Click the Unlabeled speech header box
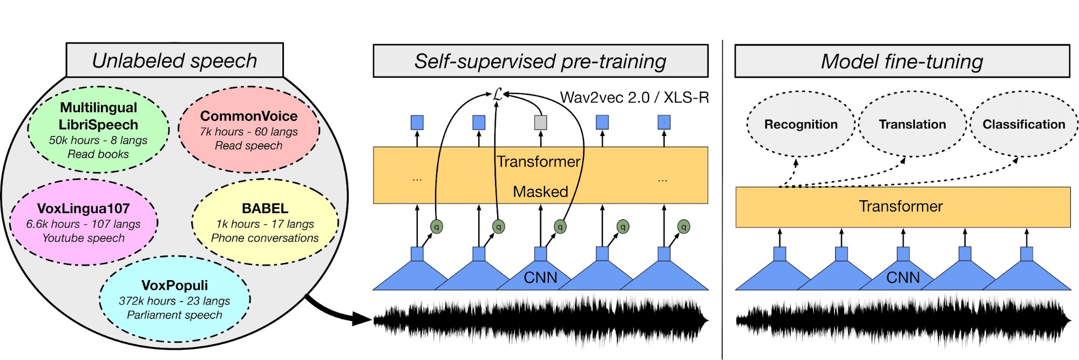174,60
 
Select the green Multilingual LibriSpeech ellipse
98,130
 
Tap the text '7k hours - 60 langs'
249,132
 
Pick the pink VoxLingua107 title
84,208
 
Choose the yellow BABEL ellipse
264,222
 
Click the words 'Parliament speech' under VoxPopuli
174,315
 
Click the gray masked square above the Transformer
540,123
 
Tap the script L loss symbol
498,95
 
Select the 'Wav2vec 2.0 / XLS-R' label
634,98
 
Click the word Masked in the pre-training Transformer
540,192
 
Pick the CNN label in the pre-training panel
540,277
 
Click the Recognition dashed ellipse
800,124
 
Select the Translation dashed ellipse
912,124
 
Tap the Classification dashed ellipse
1023,124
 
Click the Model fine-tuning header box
902,61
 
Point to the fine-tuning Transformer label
900,206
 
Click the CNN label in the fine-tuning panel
902,277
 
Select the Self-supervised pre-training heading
540,61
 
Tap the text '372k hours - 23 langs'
174,301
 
